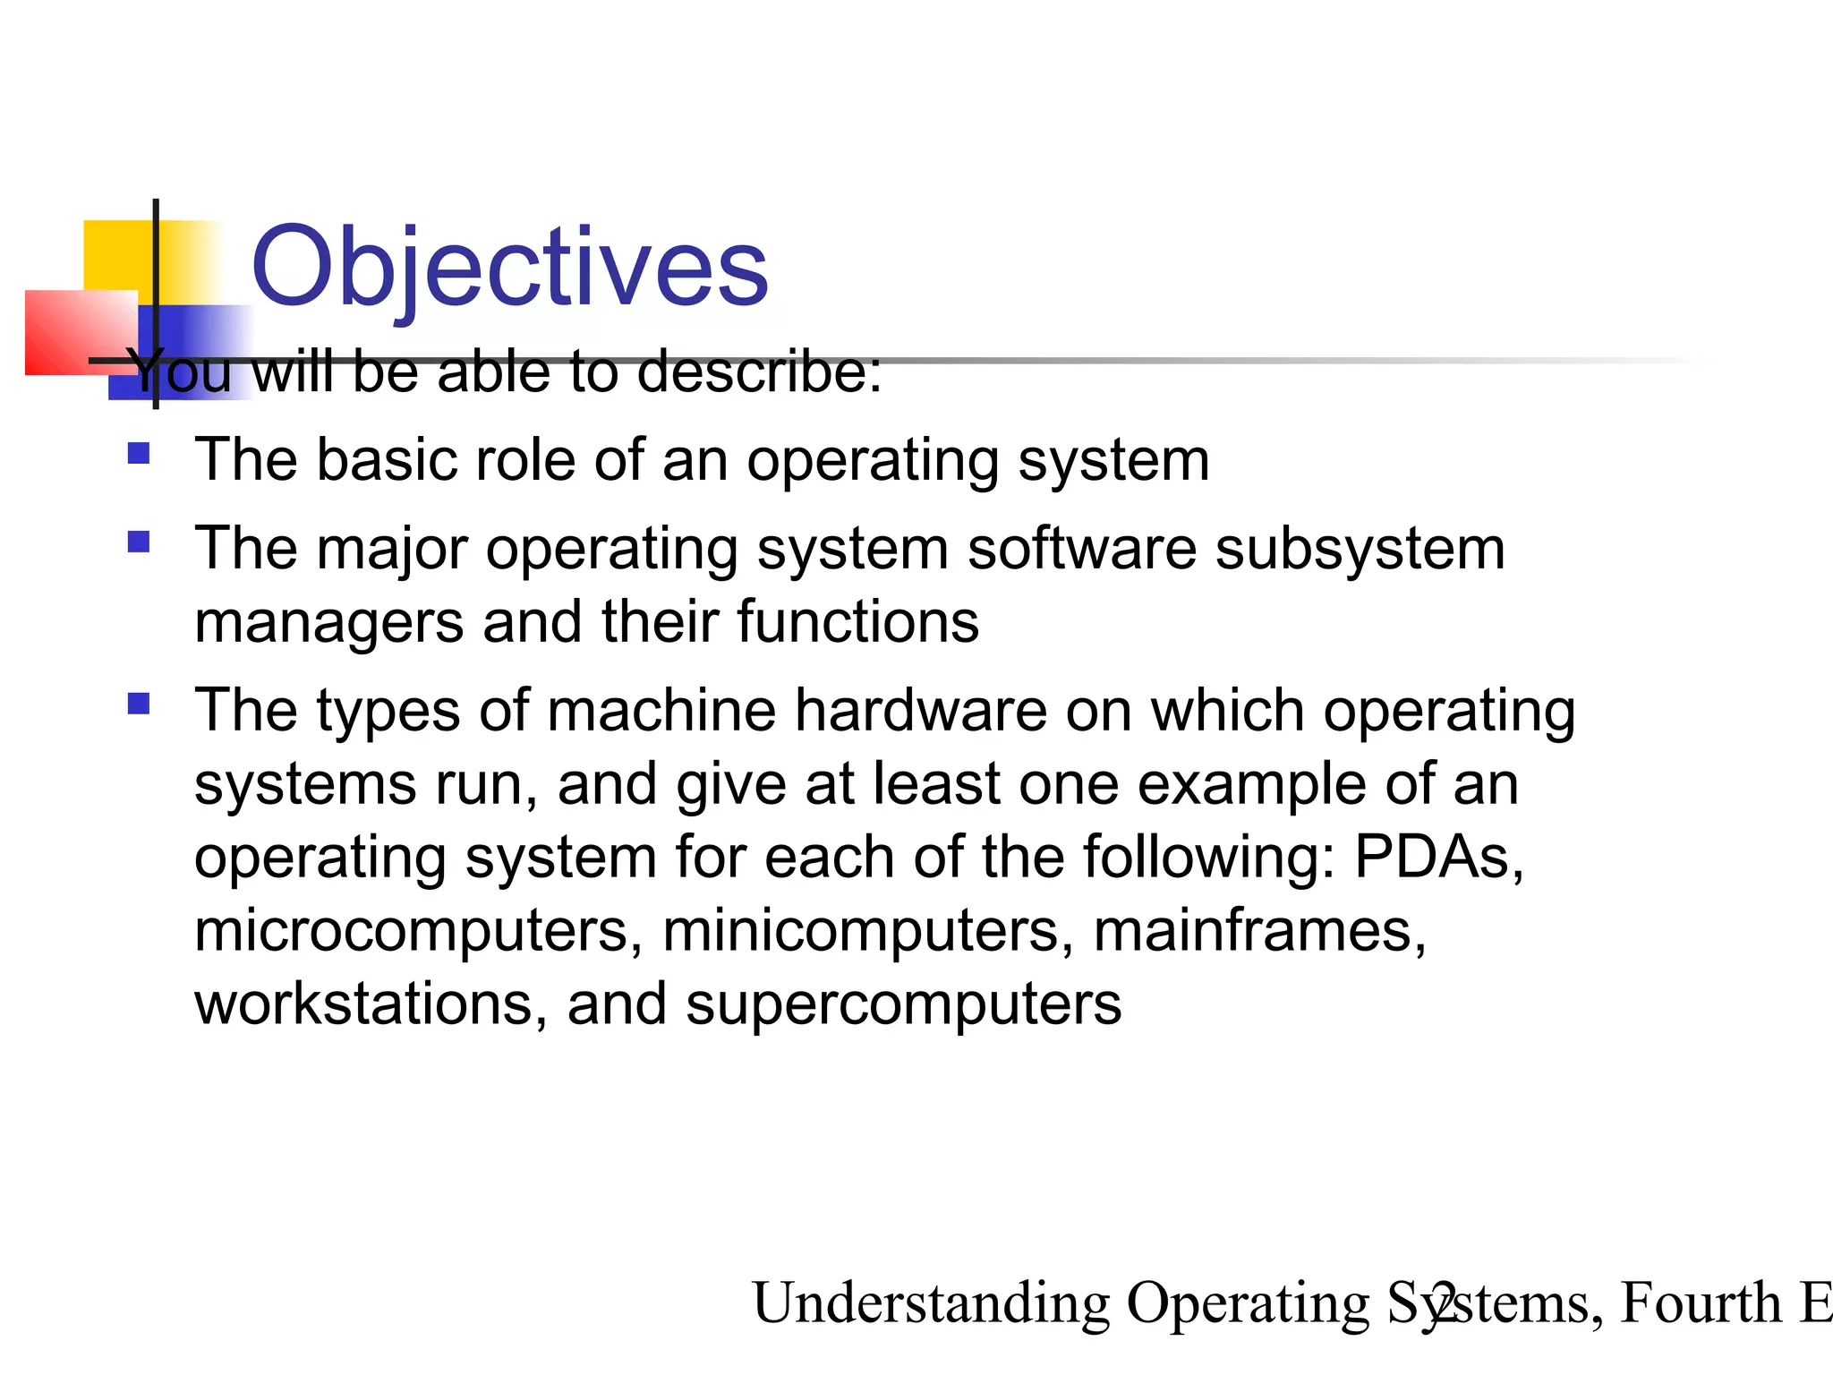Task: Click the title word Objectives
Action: (x=509, y=267)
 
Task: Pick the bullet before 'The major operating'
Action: (x=139, y=542)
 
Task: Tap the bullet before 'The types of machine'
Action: (x=139, y=704)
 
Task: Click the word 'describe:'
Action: (x=759, y=371)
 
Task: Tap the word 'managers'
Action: (x=328, y=623)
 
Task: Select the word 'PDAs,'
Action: (x=1438, y=858)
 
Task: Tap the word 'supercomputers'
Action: (x=903, y=1005)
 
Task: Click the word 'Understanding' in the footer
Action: (x=931, y=1302)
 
